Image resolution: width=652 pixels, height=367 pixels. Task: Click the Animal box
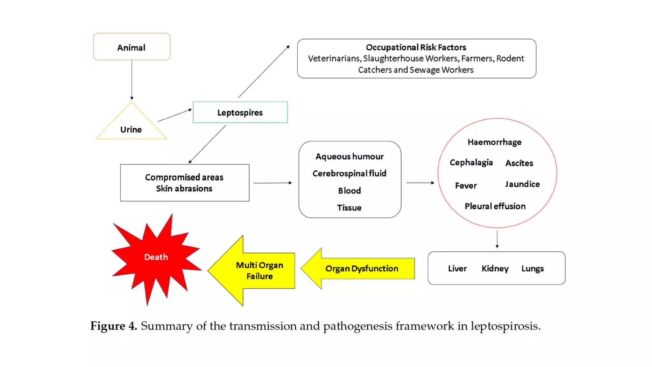(131, 47)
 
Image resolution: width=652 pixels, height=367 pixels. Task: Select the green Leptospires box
(240, 112)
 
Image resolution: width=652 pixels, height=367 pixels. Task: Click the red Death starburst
(156, 257)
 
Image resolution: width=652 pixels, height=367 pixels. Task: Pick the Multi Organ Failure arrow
(255, 270)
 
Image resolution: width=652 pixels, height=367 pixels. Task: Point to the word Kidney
(495, 269)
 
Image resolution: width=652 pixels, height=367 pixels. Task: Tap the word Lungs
(532, 269)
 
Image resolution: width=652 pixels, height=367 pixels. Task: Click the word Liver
(457, 269)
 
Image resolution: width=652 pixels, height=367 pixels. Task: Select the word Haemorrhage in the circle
(494, 142)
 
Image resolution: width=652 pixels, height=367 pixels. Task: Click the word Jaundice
(522, 184)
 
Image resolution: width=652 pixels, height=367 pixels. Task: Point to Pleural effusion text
(495, 206)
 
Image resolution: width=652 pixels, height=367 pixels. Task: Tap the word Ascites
(519, 163)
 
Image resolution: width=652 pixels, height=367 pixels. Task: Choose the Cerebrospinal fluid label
(349, 173)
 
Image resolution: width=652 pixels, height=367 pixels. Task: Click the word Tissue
(349, 208)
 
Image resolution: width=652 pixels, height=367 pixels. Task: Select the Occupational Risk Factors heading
(416, 47)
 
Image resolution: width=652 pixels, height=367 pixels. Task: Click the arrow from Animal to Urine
(131, 80)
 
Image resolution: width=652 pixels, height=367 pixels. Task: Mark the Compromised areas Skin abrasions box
(185, 183)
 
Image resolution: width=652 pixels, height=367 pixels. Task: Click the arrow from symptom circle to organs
(497, 239)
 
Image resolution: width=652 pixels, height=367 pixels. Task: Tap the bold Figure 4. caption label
(113, 326)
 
